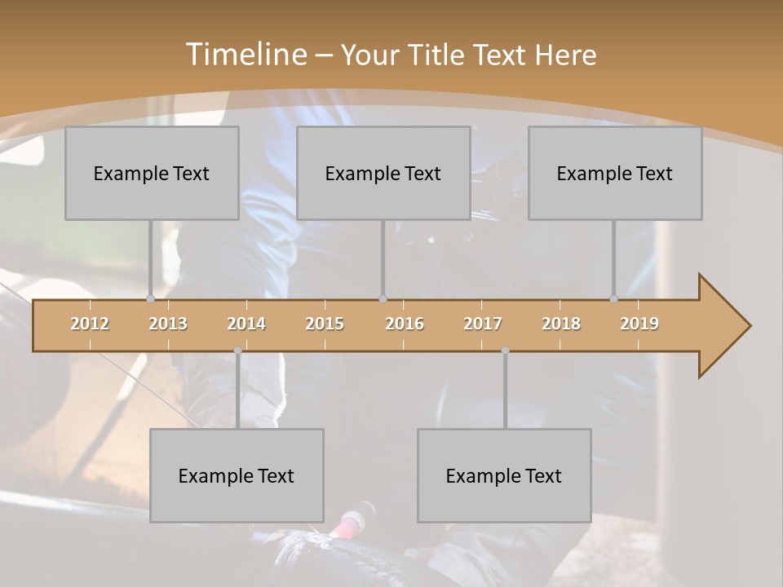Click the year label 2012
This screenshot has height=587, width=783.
90,324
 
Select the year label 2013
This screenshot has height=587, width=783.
168,324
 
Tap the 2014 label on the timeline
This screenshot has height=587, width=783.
246,324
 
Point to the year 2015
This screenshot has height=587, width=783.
325,324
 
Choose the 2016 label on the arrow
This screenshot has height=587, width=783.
405,324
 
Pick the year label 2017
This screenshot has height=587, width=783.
483,324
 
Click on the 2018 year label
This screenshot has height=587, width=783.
561,324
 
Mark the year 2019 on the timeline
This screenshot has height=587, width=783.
639,324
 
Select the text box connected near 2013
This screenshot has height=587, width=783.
152,173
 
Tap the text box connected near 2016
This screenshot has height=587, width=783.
383,173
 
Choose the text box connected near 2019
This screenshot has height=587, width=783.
615,173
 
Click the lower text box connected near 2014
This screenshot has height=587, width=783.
237,475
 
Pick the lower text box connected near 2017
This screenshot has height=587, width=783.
504,475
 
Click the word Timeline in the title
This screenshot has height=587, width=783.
245,55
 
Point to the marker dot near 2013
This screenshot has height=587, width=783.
150,299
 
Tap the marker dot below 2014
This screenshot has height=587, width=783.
237,351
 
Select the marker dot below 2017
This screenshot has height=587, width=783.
505,351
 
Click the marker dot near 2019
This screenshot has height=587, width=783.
613,299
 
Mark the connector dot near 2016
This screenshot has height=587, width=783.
383,299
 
